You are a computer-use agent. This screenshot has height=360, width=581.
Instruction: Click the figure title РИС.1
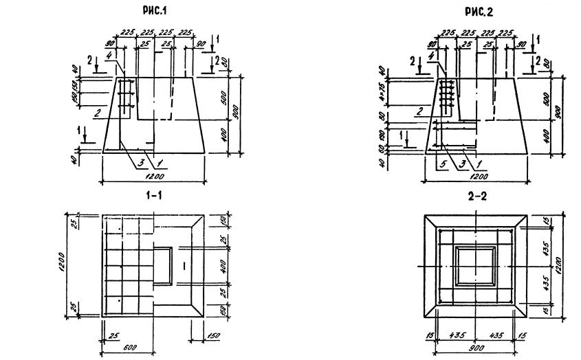click(x=154, y=12)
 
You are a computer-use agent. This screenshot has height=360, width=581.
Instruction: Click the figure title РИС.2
click(x=476, y=12)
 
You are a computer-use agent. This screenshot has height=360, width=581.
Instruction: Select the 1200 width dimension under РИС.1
click(x=154, y=176)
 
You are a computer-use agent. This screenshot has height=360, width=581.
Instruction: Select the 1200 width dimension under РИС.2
click(x=475, y=176)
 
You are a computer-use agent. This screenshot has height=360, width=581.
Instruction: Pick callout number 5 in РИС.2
click(x=437, y=164)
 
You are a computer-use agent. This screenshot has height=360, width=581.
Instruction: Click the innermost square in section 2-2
click(x=475, y=265)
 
